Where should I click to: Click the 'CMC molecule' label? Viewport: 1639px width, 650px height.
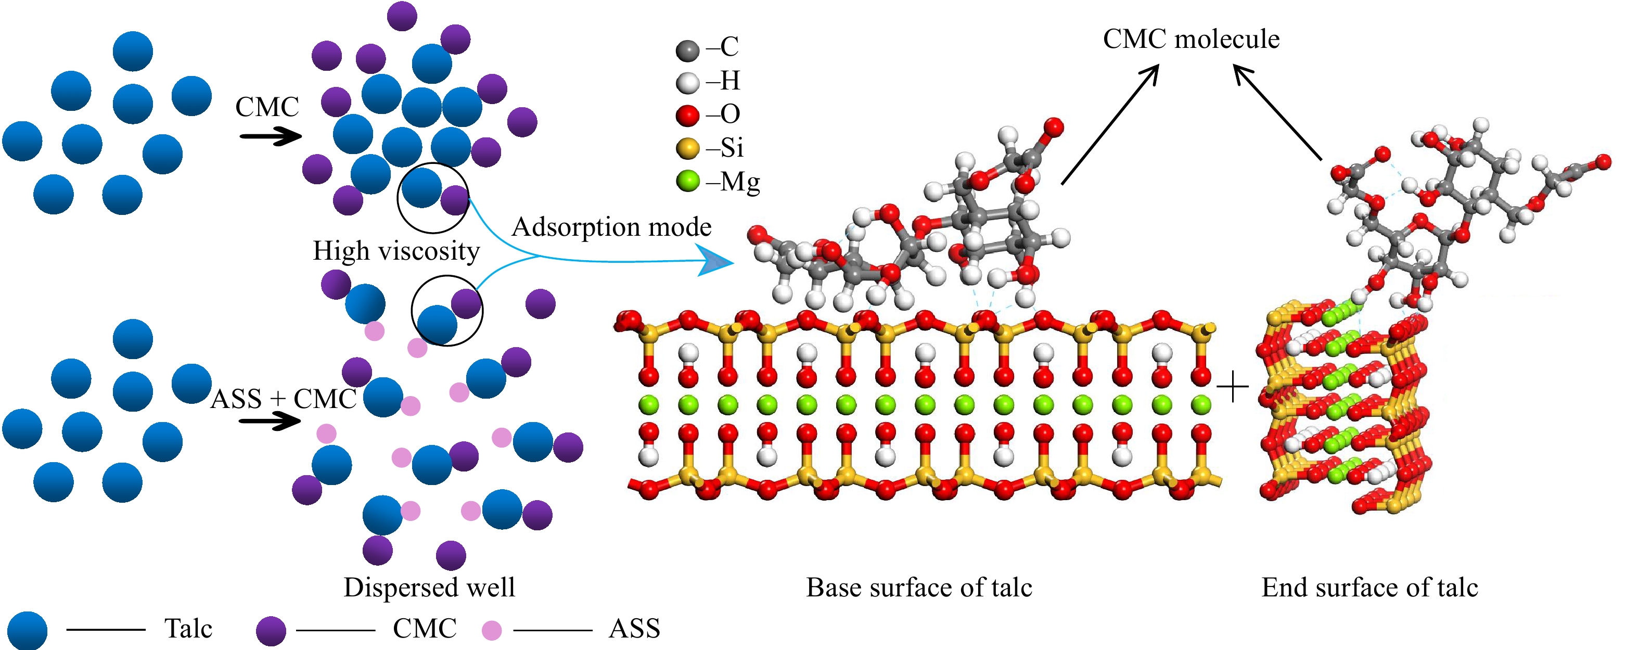pyautogui.click(x=1190, y=39)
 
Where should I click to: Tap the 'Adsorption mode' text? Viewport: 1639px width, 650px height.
pyautogui.click(x=611, y=226)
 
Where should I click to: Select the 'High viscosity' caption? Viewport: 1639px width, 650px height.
pyautogui.click(x=396, y=251)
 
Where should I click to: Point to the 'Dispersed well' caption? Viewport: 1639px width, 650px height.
pyautogui.click(x=429, y=587)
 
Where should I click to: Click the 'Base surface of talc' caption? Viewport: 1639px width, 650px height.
pyautogui.click(x=919, y=587)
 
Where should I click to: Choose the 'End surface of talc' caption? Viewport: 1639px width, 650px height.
pyautogui.click(x=1369, y=587)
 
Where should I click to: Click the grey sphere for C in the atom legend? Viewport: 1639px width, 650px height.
pyautogui.click(x=687, y=49)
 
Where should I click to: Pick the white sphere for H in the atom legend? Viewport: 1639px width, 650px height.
pyautogui.click(x=687, y=83)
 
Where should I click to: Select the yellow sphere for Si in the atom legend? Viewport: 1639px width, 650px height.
pyautogui.click(x=687, y=149)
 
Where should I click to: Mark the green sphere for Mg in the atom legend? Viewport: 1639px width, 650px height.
pyautogui.click(x=687, y=182)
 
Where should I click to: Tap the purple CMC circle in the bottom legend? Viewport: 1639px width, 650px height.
pyautogui.click(x=271, y=631)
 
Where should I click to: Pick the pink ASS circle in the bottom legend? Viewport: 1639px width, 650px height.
pyautogui.click(x=491, y=631)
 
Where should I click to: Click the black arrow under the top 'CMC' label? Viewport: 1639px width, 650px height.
pyautogui.click(x=271, y=136)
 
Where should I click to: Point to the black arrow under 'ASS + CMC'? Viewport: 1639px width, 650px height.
pyautogui.click(x=271, y=421)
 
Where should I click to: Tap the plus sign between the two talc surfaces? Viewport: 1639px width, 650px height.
pyautogui.click(x=1233, y=388)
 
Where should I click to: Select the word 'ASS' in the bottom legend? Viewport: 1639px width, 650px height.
pyautogui.click(x=634, y=629)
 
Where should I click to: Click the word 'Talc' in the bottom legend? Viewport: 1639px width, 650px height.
pyautogui.click(x=188, y=629)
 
